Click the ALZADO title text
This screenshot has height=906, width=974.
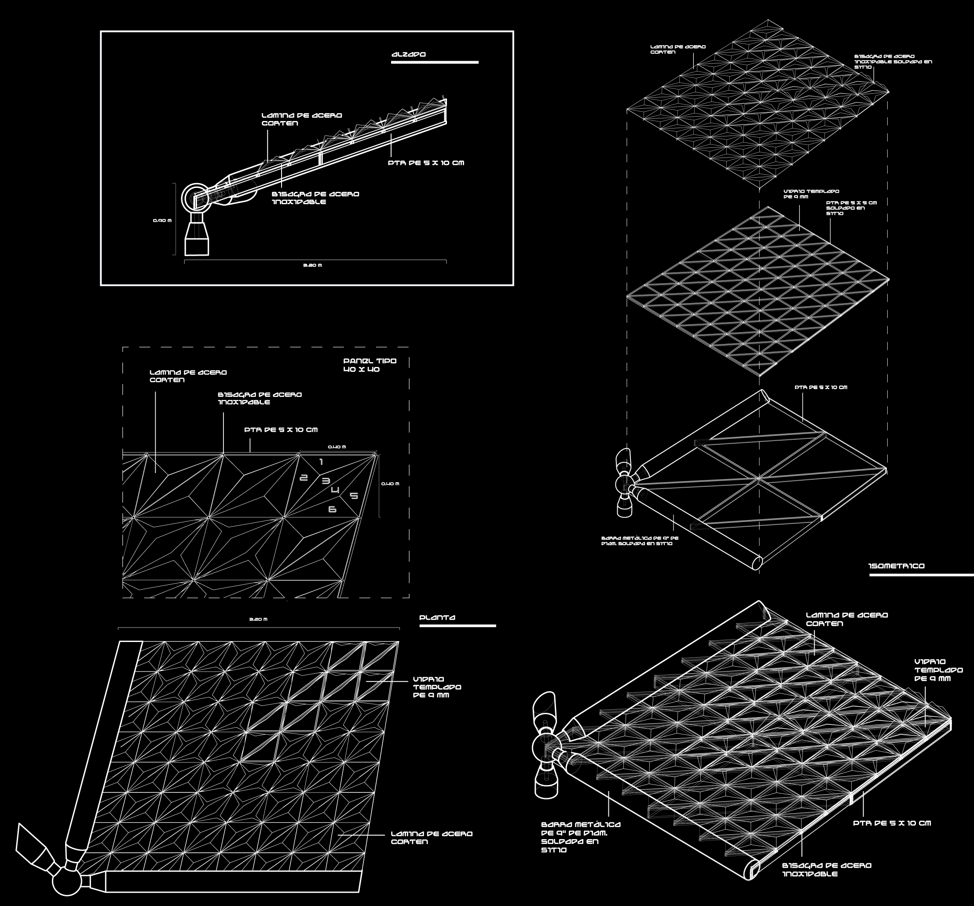click(x=409, y=55)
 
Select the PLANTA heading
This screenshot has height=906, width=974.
click(x=438, y=617)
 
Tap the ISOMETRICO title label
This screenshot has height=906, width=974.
click(x=897, y=566)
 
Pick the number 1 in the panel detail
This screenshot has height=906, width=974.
click(x=321, y=462)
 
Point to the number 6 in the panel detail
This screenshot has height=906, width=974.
click(x=332, y=510)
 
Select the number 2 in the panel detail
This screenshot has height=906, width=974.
click(x=304, y=478)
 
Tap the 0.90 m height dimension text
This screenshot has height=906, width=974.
click(x=162, y=220)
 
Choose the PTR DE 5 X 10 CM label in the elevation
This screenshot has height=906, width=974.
click(x=426, y=163)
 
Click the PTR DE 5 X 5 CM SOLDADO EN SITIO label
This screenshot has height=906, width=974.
click(x=851, y=208)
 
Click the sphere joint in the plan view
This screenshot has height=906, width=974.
click(x=66, y=880)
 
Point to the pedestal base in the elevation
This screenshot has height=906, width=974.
click(x=197, y=238)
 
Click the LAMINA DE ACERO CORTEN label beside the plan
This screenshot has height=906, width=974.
click(x=431, y=837)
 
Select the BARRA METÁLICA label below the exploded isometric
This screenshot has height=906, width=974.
click(x=640, y=540)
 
